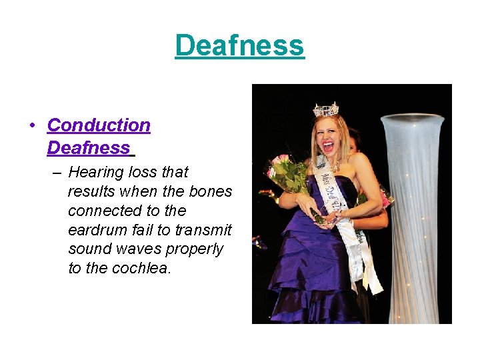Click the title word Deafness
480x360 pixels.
239,45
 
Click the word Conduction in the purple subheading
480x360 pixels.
99,125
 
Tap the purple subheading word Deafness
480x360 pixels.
89,147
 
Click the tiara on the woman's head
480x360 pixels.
327,109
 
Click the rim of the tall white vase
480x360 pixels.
412,119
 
